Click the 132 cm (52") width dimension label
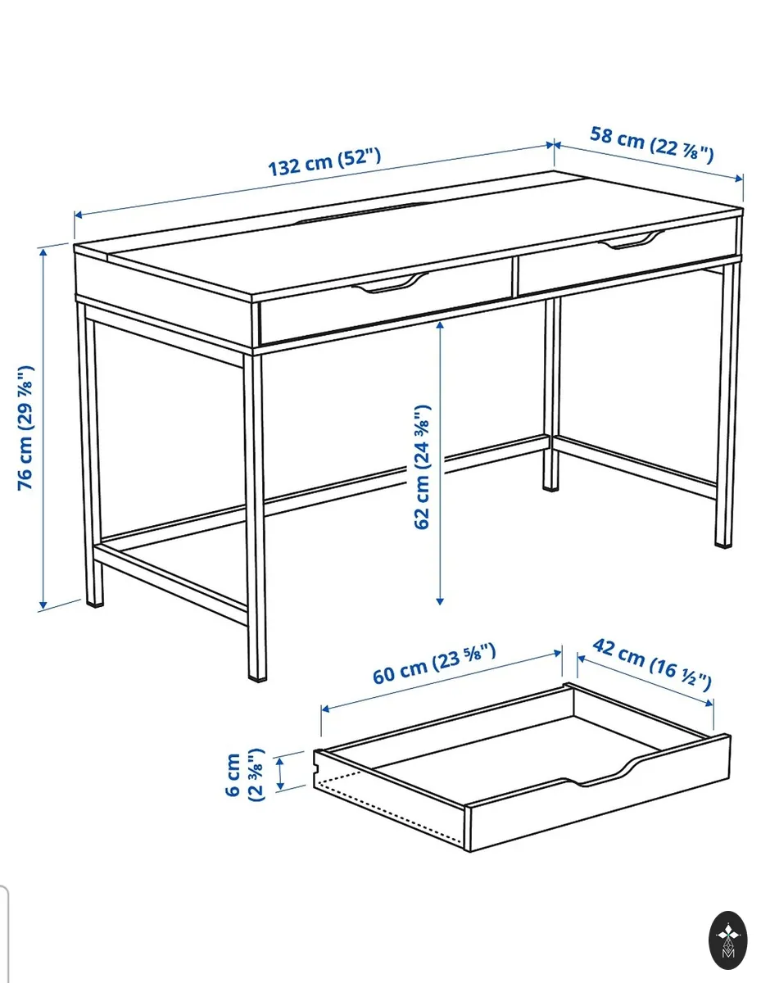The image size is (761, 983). click(324, 161)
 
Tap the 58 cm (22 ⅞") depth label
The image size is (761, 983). click(651, 144)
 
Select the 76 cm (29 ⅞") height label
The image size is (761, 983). click(25, 428)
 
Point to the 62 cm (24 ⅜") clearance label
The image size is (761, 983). click(423, 466)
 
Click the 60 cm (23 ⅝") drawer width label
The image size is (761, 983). click(434, 664)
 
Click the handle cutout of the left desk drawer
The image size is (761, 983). click(390, 283)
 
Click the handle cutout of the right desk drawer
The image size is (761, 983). click(632, 240)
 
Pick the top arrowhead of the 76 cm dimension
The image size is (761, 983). click(43, 253)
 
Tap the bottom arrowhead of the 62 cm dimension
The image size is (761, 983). click(440, 601)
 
